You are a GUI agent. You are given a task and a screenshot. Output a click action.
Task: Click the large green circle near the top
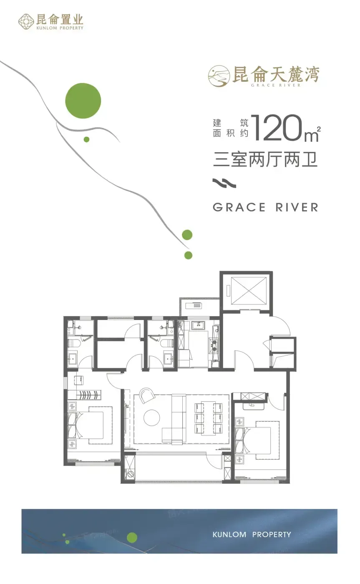click(x=83, y=101)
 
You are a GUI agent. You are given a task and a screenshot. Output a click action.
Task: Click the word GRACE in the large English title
click(x=239, y=208)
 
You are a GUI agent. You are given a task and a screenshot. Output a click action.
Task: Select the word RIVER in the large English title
click(x=297, y=208)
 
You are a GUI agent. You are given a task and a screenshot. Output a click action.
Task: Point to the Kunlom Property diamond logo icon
click(x=26, y=22)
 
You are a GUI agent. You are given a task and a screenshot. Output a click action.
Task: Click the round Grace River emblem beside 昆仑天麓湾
click(x=219, y=76)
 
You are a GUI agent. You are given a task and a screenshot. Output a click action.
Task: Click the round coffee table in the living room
click(x=152, y=418)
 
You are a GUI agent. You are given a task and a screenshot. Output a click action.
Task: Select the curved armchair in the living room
click(x=147, y=395)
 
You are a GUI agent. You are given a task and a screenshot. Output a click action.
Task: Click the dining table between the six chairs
click(x=209, y=418)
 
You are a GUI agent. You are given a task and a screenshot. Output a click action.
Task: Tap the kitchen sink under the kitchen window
click(x=199, y=325)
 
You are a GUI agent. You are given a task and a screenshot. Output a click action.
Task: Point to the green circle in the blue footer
click(x=132, y=537)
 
